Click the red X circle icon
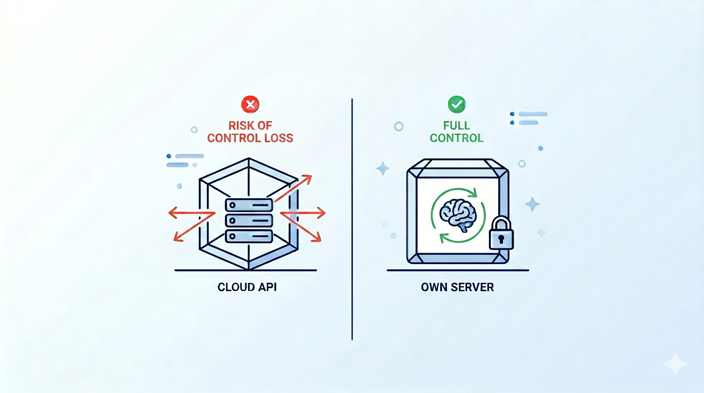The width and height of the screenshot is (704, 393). tap(250, 104)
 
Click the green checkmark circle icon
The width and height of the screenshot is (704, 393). tap(457, 104)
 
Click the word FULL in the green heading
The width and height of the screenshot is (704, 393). tap(457, 126)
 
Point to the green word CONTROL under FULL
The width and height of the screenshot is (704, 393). tap(457, 138)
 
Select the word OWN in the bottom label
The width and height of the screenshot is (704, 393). tap(434, 287)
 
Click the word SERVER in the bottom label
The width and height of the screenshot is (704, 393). tap(472, 287)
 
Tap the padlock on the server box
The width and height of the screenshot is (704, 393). tap(501, 233)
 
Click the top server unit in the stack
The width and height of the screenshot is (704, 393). tap(249, 205)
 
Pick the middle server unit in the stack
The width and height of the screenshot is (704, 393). tap(249, 221)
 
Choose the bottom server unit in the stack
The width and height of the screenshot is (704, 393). tap(249, 236)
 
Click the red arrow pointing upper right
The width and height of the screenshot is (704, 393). tap(293, 189)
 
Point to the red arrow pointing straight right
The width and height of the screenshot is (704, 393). tap(303, 213)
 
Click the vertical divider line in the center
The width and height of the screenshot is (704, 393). tap(352, 220)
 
